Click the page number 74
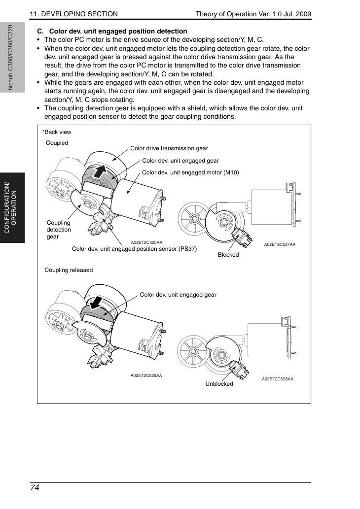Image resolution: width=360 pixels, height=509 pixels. click(x=35, y=488)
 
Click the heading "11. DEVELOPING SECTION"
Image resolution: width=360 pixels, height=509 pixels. click(x=74, y=14)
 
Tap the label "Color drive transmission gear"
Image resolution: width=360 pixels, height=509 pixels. click(x=169, y=148)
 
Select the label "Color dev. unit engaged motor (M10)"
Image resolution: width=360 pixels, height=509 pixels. click(x=190, y=172)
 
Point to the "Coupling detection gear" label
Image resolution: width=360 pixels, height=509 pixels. click(x=59, y=230)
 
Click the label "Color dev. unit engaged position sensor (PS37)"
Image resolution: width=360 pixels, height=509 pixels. click(x=134, y=249)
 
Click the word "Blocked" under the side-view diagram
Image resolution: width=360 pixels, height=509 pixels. click(x=228, y=255)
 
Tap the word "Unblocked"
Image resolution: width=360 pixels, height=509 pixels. click(x=219, y=384)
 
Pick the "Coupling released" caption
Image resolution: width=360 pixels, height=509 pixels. click(x=69, y=270)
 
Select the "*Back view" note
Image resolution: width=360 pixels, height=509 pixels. click(x=57, y=132)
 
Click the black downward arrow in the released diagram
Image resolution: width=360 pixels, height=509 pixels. click(x=97, y=303)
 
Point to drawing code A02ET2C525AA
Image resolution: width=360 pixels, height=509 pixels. click(x=146, y=242)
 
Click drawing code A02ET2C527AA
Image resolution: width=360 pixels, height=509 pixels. click(x=280, y=244)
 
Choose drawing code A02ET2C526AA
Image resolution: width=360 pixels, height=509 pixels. click(x=146, y=375)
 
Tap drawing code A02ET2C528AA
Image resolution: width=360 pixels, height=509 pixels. click(x=278, y=379)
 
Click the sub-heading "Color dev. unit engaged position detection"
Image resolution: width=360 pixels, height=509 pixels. click(x=118, y=32)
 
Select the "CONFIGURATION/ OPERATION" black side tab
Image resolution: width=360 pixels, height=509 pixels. click(x=12, y=208)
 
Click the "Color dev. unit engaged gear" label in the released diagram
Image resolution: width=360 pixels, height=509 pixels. click(x=178, y=295)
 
